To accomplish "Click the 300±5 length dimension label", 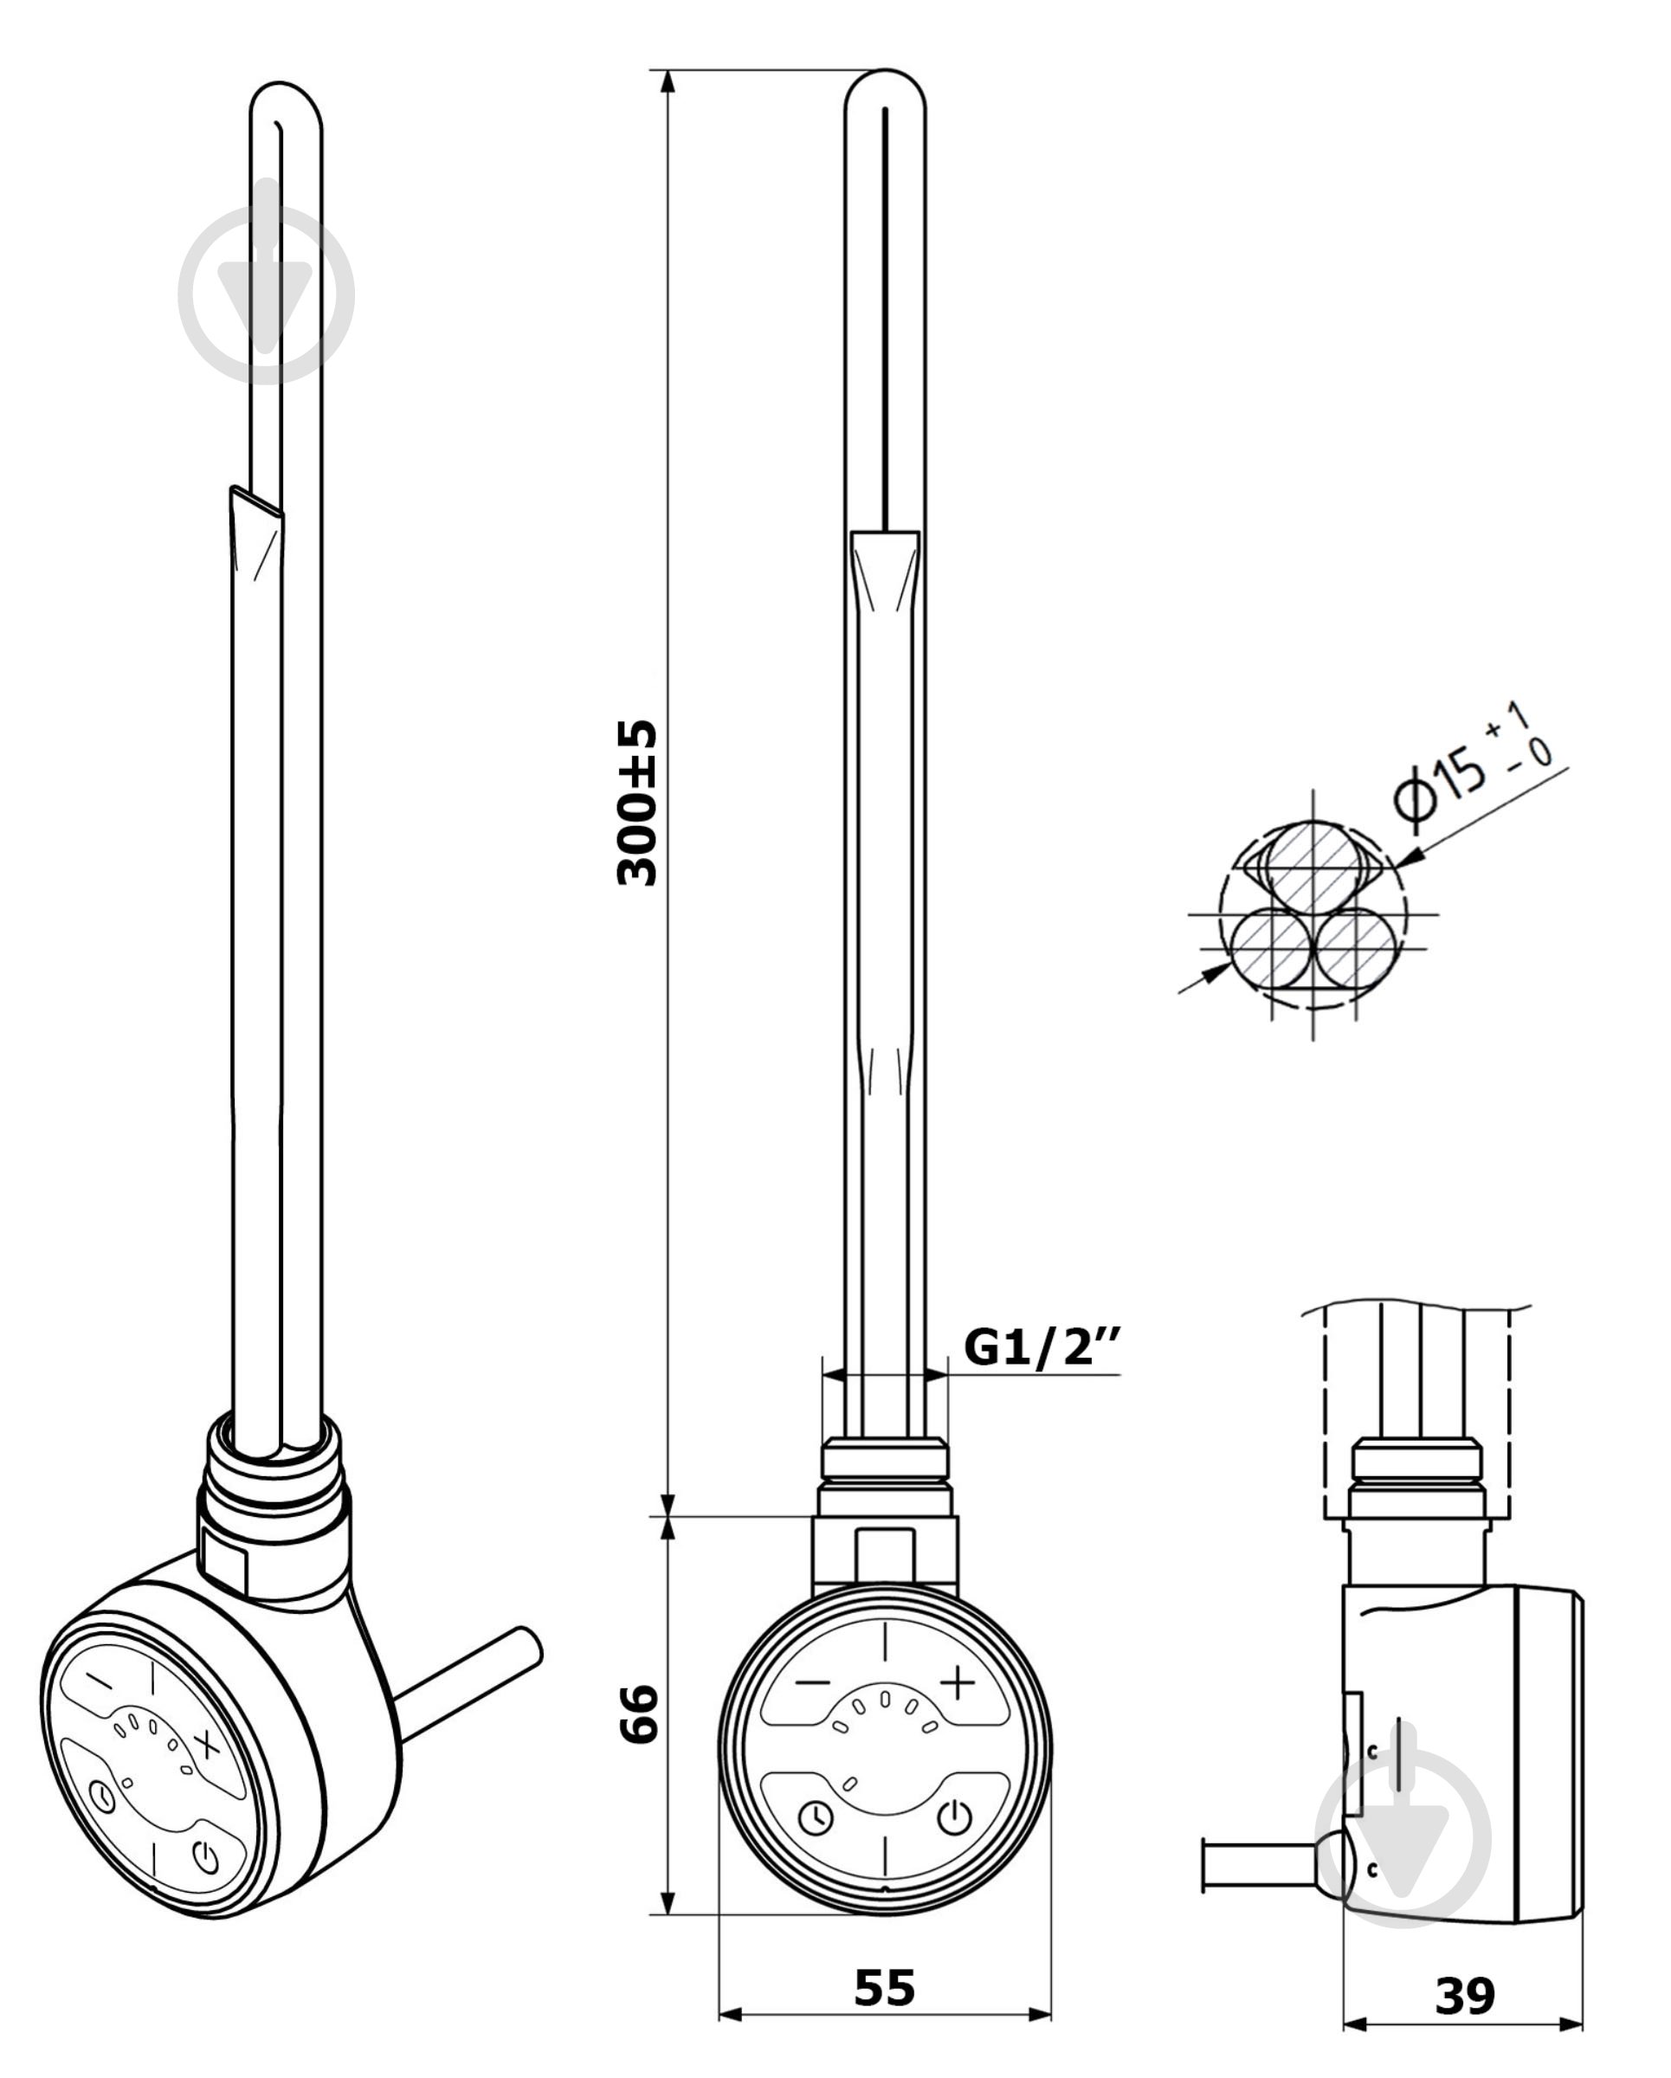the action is tap(637, 802).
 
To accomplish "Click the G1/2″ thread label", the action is tap(1042, 1346).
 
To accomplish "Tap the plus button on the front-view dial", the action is tap(957, 1681).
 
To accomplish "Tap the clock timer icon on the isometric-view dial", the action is tap(101, 1797).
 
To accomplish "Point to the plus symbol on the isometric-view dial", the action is tap(207, 1742).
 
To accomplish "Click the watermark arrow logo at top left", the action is tap(266, 294).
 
